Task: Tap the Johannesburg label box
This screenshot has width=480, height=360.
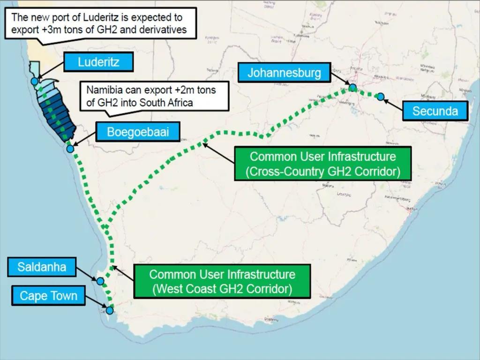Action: point(284,73)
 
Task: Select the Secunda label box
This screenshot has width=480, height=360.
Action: point(435,111)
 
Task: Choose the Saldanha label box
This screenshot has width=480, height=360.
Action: point(42,268)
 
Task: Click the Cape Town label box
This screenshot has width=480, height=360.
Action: point(48,296)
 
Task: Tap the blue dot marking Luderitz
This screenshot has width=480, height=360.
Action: point(34,81)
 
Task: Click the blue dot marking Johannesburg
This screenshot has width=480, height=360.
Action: point(352,87)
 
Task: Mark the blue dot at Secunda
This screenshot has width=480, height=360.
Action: point(381,97)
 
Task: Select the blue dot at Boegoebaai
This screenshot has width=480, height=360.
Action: point(70,149)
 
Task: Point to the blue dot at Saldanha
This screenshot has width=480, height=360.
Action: point(100,281)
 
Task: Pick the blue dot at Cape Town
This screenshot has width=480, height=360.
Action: point(110,310)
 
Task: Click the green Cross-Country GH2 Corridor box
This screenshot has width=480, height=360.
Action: point(323,164)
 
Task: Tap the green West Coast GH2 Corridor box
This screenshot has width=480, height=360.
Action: point(222,281)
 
